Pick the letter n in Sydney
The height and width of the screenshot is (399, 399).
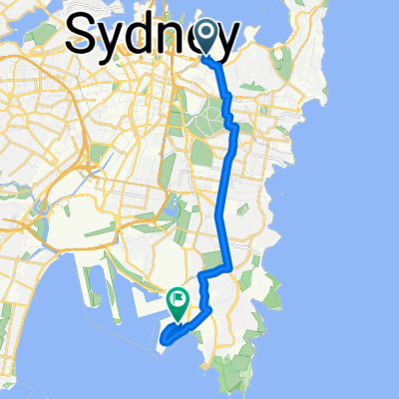click(177, 39)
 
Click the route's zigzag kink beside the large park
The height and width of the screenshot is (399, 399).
click(230, 120)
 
